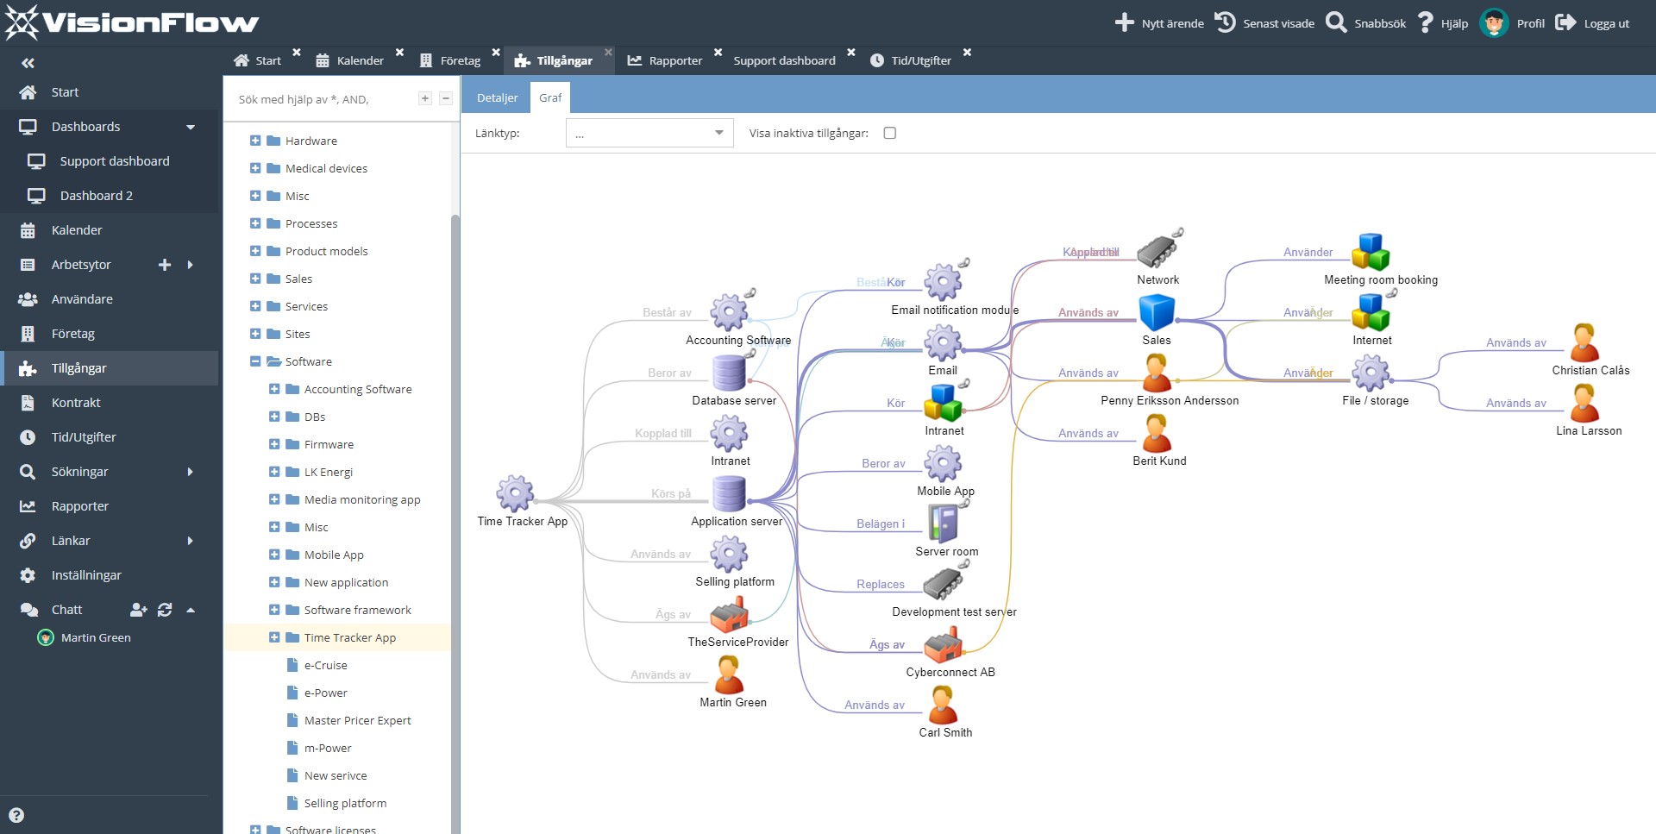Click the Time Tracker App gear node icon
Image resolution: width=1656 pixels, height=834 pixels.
(515, 494)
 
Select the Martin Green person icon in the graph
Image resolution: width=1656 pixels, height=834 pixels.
(730, 674)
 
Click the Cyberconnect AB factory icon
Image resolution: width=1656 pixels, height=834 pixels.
(943, 644)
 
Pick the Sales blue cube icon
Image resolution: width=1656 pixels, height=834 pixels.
(1157, 312)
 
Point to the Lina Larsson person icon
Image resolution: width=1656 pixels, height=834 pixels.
(1585, 403)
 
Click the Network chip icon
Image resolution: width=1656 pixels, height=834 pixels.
(1157, 251)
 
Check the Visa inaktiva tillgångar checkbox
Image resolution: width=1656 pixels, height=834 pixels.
(890, 133)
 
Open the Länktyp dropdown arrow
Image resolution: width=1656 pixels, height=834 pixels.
(718, 133)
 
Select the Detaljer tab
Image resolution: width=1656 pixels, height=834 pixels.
(497, 97)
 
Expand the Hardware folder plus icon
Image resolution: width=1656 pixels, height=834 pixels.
(255, 141)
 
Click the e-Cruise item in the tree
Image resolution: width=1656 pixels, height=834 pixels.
(325, 665)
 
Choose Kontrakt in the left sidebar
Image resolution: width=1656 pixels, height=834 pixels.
(76, 403)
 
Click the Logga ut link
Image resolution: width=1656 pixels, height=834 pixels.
(1605, 23)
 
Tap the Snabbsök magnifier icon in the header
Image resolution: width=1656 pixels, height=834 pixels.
(1336, 22)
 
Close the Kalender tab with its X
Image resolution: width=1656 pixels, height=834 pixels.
(400, 53)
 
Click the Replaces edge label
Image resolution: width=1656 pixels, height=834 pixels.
(880, 584)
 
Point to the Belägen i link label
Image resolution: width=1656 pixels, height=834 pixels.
(880, 524)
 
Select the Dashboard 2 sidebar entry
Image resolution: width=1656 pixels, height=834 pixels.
(96, 196)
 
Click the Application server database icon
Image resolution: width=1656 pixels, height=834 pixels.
(729, 494)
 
